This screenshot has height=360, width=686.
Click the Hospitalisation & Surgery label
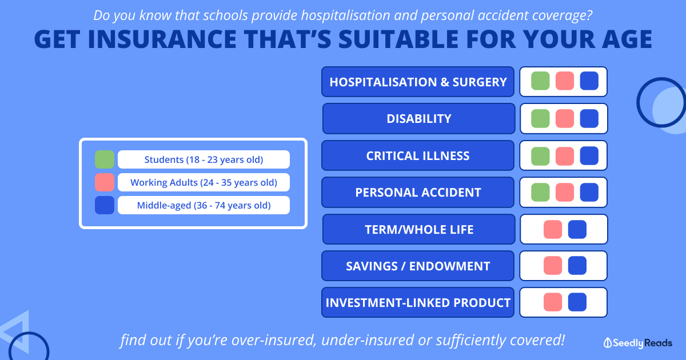(x=418, y=82)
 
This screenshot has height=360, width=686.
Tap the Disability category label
(x=418, y=118)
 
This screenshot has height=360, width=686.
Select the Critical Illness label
(x=418, y=155)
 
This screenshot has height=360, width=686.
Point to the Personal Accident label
(x=418, y=192)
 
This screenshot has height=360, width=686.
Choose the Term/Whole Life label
(x=418, y=229)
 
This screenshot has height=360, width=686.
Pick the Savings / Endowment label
(x=418, y=266)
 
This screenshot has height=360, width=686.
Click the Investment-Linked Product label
(x=418, y=302)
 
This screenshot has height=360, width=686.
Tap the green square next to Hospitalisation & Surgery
(x=540, y=81)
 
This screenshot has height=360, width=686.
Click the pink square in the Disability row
(x=565, y=118)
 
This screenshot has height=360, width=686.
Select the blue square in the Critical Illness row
(x=589, y=155)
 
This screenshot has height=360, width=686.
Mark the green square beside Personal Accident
(x=540, y=192)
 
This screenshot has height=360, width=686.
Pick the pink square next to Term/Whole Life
(x=553, y=229)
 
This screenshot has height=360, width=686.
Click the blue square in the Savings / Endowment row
(x=577, y=265)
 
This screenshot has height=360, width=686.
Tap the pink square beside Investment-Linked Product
(x=553, y=302)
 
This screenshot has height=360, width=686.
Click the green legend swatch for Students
(x=105, y=159)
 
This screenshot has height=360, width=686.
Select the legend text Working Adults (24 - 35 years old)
(x=204, y=182)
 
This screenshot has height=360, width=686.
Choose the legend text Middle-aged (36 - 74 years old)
(x=204, y=205)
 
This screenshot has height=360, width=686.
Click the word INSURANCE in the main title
(x=162, y=39)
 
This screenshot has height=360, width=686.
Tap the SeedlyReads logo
(x=637, y=343)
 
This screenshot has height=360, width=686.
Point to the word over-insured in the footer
(x=274, y=340)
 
